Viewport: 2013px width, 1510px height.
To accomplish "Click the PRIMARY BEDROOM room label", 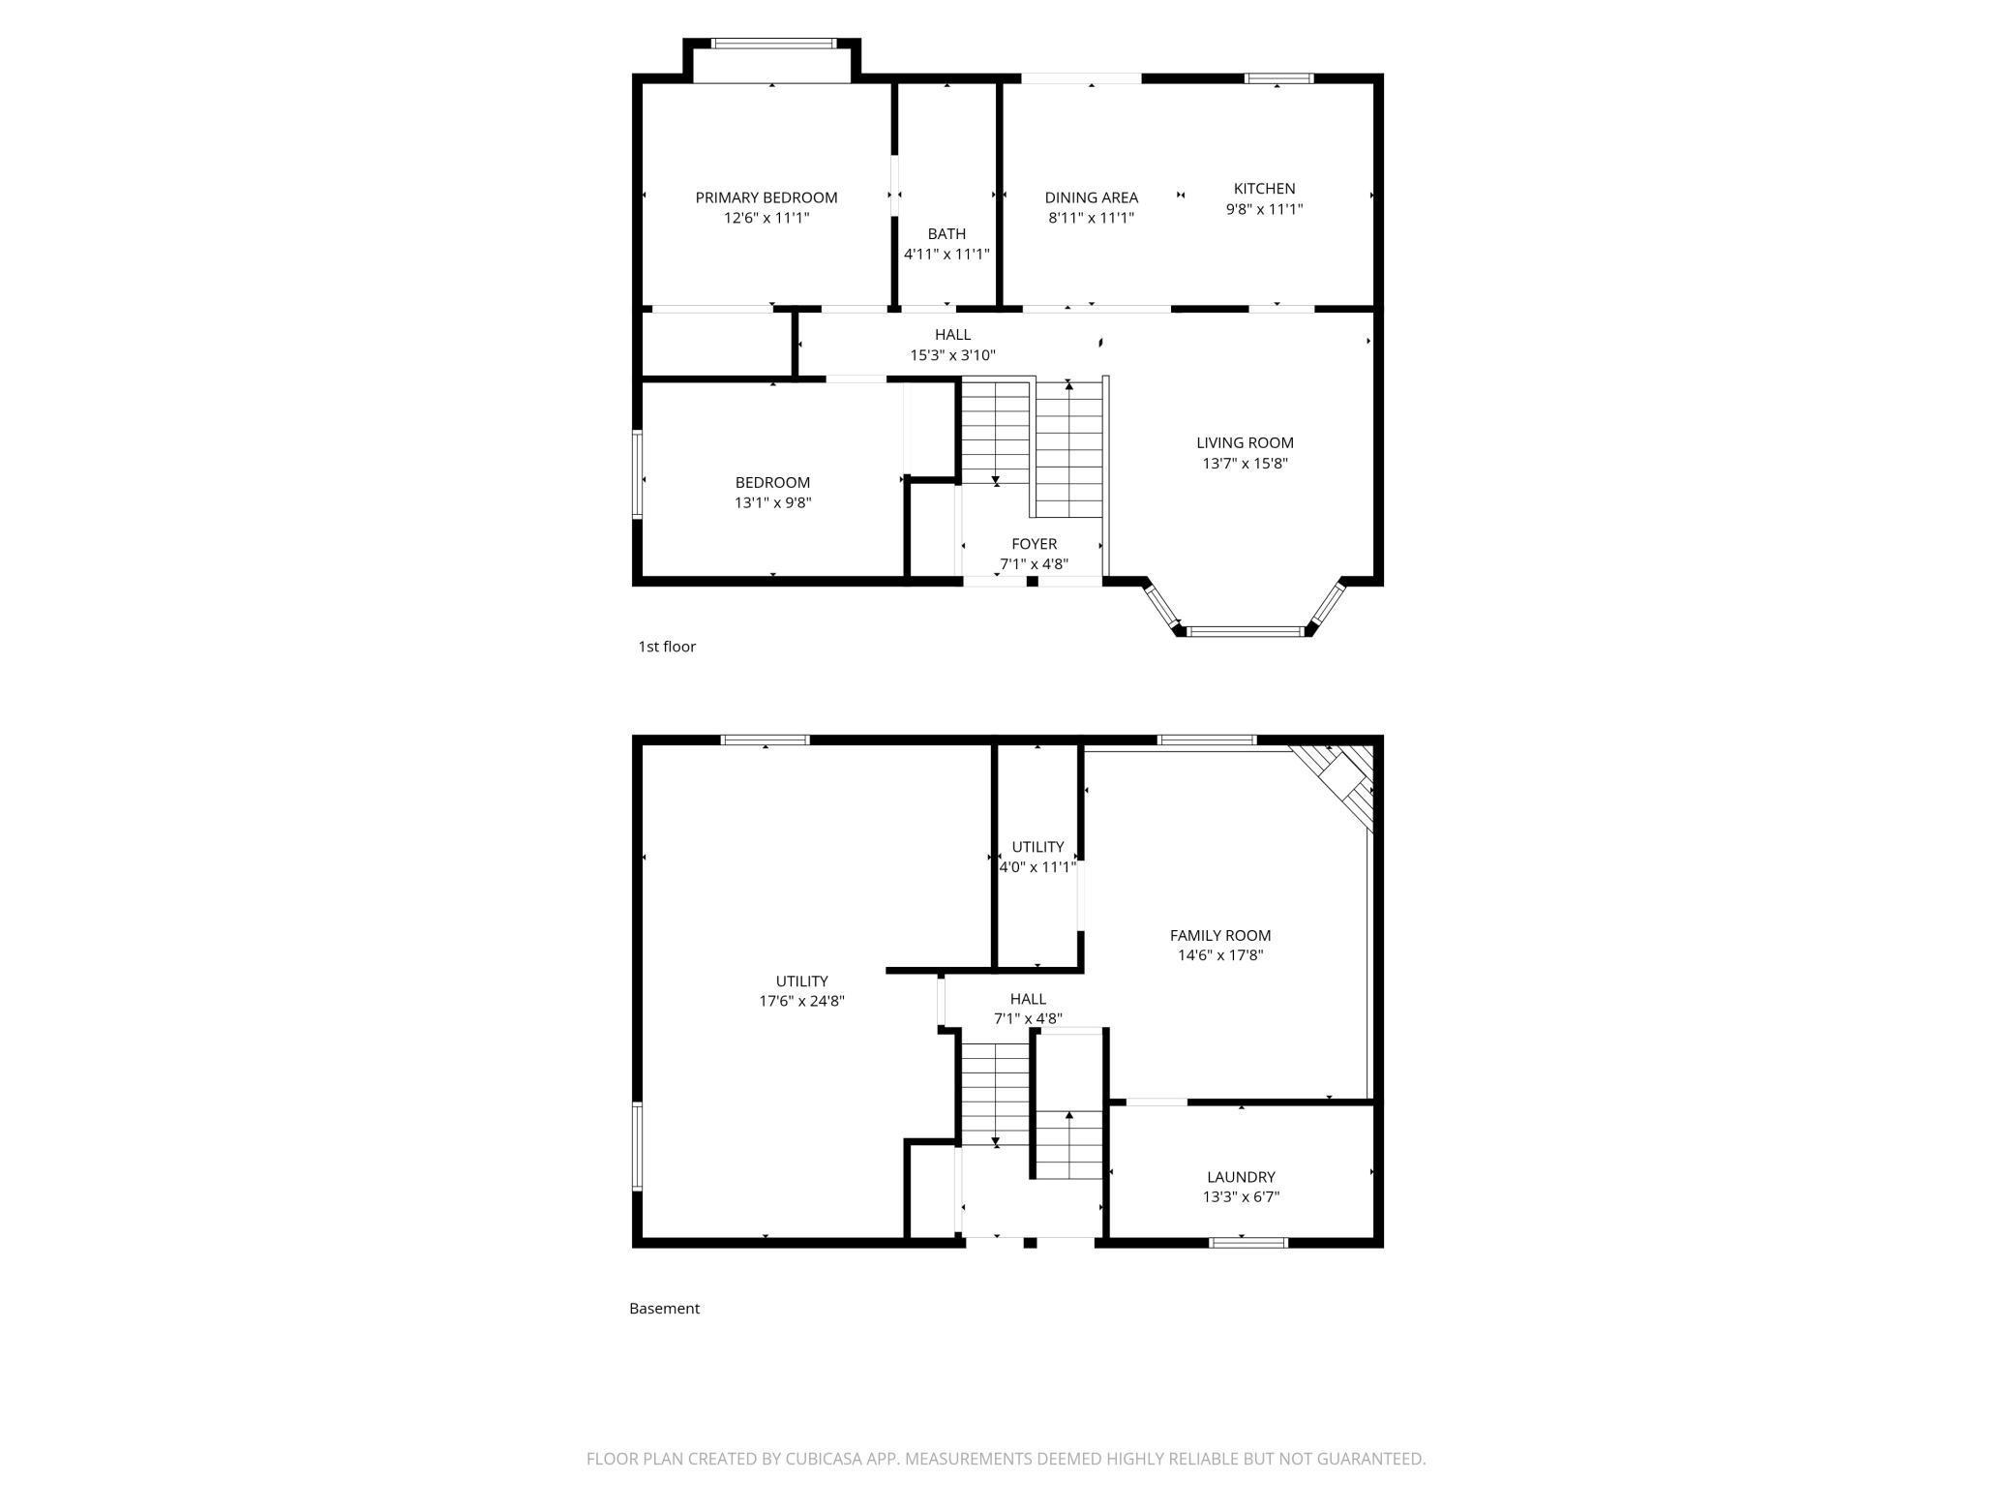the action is click(x=766, y=197).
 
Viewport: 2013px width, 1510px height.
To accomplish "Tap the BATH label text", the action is click(x=946, y=233).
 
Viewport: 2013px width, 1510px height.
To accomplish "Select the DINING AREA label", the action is click(x=1091, y=197).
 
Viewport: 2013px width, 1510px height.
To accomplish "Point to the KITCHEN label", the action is click(x=1264, y=189).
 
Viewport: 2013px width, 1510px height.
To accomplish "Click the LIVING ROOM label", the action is click(x=1245, y=443).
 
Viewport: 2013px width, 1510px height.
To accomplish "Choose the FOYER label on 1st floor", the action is click(x=1035, y=544).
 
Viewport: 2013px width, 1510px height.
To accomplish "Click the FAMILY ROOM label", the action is click(x=1220, y=935).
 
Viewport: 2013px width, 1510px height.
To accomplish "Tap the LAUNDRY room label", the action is click(x=1241, y=1177).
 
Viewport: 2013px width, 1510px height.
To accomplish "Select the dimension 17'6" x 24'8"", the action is click(x=801, y=1002).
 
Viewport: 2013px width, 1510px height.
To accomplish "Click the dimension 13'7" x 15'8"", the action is click(x=1245, y=464).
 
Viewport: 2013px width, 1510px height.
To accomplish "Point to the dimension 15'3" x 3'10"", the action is click(x=952, y=355).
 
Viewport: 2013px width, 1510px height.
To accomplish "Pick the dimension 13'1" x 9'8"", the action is click(x=772, y=503).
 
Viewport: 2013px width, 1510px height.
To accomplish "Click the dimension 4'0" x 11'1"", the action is click(x=1037, y=867).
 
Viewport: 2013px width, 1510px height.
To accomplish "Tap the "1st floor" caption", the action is click(x=667, y=647).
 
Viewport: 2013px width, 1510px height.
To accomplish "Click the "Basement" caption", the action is click(x=664, y=1309).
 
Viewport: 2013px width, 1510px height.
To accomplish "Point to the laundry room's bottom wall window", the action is click(x=1248, y=1242).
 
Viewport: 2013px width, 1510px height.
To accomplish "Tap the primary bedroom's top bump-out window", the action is click(x=773, y=44).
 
